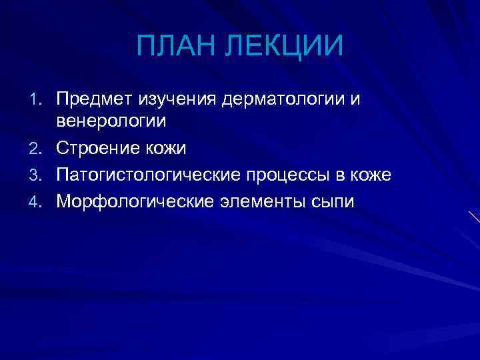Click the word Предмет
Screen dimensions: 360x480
pyautogui.click(x=94, y=99)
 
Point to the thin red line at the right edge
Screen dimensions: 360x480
pyautogui.click(x=474, y=217)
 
